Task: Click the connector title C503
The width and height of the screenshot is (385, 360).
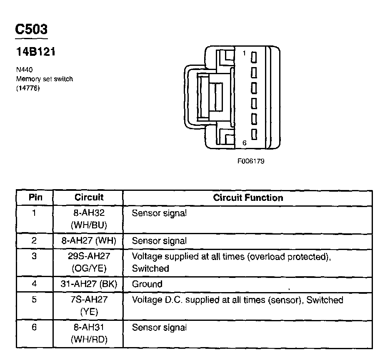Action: (x=31, y=30)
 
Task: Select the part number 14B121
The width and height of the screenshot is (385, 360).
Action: (x=36, y=52)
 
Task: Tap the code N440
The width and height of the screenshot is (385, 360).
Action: (x=24, y=70)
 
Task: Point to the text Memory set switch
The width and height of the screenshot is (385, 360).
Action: (x=44, y=79)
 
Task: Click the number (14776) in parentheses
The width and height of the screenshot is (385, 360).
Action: (x=28, y=87)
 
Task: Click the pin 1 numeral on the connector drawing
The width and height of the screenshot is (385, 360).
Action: (x=245, y=53)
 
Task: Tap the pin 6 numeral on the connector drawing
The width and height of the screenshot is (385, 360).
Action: (x=245, y=143)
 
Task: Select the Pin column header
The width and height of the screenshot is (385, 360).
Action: (x=35, y=197)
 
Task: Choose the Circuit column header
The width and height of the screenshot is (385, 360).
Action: (x=89, y=197)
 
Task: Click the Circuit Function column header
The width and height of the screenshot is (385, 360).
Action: (x=248, y=197)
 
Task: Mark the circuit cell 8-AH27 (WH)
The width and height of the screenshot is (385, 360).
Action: (x=89, y=240)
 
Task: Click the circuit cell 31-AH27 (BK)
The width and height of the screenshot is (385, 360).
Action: (x=89, y=284)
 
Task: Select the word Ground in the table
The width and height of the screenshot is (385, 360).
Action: (x=147, y=284)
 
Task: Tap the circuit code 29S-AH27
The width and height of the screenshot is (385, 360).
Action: (x=89, y=256)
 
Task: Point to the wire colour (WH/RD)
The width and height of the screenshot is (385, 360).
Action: (x=89, y=340)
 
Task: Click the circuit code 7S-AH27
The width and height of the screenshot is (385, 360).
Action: (x=89, y=300)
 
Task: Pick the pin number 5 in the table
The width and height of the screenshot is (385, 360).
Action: (x=34, y=300)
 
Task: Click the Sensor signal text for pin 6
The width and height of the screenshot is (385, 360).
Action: (x=159, y=327)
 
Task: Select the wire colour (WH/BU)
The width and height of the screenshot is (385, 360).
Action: (x=89, y=225)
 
